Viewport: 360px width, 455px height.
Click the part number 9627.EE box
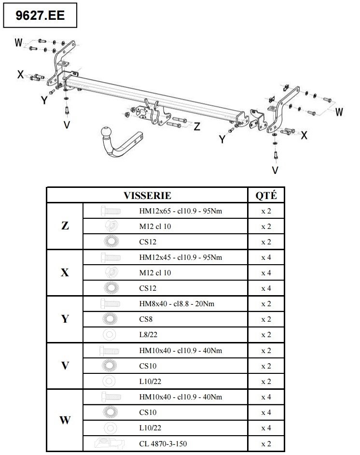click(40, 15)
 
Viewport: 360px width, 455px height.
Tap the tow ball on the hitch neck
click(106, 132)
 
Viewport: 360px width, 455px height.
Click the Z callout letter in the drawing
click(197, 127)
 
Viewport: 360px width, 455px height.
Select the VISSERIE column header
click(147, 195)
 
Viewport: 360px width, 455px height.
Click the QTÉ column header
click(266, 195)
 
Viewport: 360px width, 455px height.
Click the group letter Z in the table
click(65, 226)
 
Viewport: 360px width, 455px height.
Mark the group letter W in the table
click(65, 420)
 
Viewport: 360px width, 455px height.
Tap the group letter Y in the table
click(65, 319)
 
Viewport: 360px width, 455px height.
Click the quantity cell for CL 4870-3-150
click(266, 444)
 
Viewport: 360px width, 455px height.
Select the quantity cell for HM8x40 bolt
click(266, 304)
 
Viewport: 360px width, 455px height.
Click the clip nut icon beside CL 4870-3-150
click(109, 443)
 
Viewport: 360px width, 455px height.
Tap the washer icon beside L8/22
click(109, 335)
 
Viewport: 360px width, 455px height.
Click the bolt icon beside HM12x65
click(111, 211)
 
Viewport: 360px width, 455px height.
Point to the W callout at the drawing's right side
click(339, 112)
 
